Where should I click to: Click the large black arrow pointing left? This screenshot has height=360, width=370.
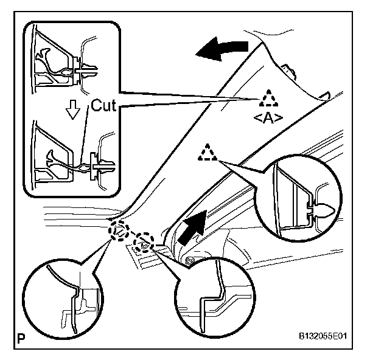pos(222,49)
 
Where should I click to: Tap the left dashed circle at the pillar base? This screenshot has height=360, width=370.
pos(119,232)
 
